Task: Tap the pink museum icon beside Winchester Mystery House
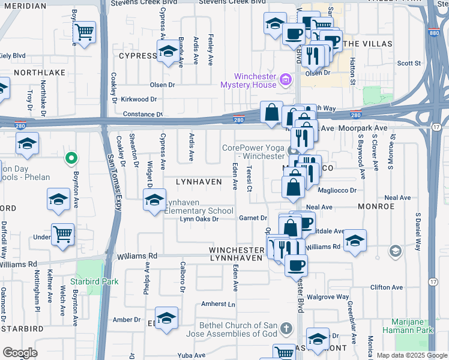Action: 286,79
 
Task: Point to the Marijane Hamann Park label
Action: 408,326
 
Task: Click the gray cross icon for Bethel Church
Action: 286,329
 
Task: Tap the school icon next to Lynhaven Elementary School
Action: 154,200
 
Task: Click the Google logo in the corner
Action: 20,352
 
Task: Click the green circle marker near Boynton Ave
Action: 71,158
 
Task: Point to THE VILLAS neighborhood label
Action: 367,44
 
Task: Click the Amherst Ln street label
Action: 218,304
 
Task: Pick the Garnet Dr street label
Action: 253,218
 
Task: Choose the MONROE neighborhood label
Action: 375,206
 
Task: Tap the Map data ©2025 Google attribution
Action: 411,355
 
